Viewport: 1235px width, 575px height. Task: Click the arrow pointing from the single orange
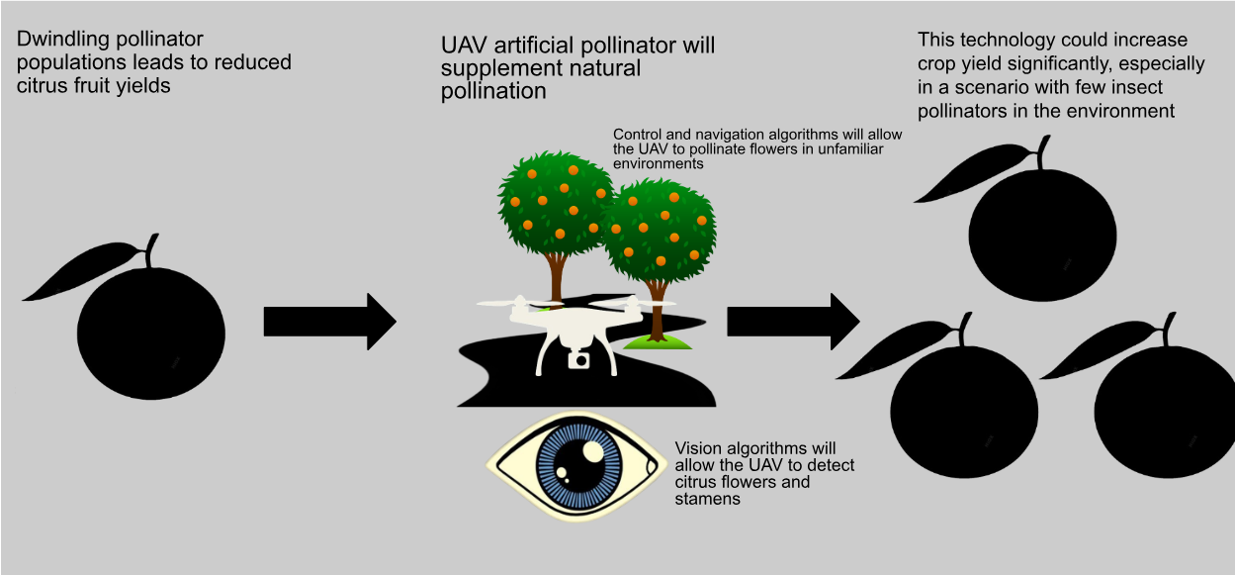[329, 322]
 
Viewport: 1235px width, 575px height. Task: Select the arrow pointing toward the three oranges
[793, 322]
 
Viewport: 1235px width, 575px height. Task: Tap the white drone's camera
[578, 360]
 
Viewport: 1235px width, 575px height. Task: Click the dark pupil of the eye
[578, 466]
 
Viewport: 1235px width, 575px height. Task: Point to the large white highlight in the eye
[593, 451]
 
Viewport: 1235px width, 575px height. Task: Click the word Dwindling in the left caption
[63, 40]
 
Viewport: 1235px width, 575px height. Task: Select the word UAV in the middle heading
[464, 46]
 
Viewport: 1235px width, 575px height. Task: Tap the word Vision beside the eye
[697, 447]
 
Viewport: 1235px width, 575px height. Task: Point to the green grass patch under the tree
[658, 342]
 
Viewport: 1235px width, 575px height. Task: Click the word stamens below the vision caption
[707, 499]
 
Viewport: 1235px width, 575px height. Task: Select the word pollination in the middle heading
[493, 92]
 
